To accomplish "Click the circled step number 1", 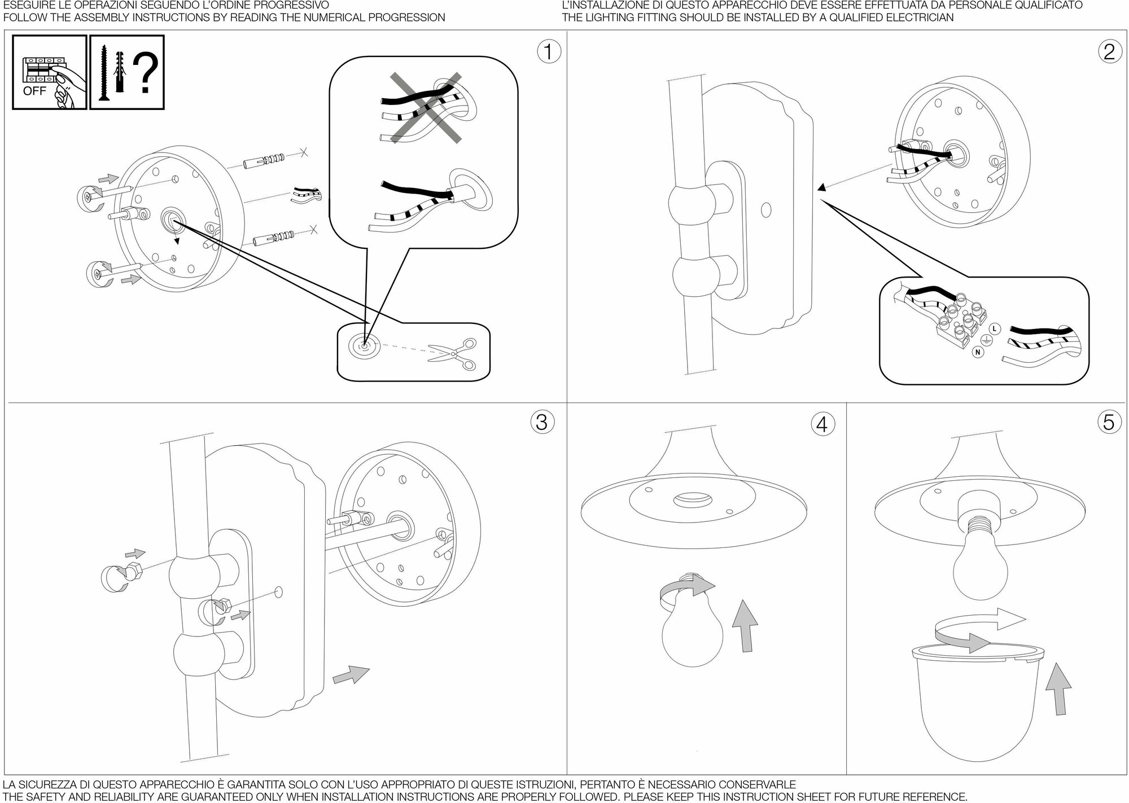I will pyautogui.click(x=549, y=52).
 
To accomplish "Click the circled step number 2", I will pyautogui.click(x=1109, y=52).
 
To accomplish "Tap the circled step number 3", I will pyautogui.click(x=541, y=422).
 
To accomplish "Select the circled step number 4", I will pyautogui.click(x=822, y=424).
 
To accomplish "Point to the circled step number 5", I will pyautogui.click(x=1109, y=422).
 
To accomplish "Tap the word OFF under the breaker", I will pyautogui.click(x=34, y=91).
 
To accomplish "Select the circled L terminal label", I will pyautogui.click(x=994, y=328).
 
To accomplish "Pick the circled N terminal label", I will pyautogui.click(x=978, y=352).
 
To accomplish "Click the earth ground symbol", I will pyautogui.click(x=986, y=340).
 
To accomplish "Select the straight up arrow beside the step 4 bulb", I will pyautogui.click(x=745, y=626).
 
